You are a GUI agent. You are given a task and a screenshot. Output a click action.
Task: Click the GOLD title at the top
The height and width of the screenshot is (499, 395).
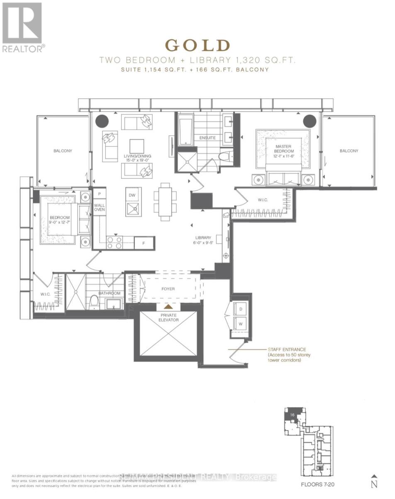click(197, 45)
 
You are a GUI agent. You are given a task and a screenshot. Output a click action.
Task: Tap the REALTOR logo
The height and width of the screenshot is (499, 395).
click(23, 27)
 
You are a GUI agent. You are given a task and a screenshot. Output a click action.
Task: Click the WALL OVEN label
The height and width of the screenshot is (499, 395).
click(99, 207)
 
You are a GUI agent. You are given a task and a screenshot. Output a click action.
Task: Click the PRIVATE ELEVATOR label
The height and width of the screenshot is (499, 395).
click(168, 318)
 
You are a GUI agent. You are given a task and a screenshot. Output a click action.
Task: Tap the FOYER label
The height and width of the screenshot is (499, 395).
click(168, 289)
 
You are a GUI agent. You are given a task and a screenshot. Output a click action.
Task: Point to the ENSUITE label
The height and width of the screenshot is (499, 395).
click(207, 138)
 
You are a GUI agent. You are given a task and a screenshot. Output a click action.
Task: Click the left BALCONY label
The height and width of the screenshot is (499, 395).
click(62, 151)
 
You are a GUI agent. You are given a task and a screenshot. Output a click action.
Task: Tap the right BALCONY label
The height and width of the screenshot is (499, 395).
click(349, 151)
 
